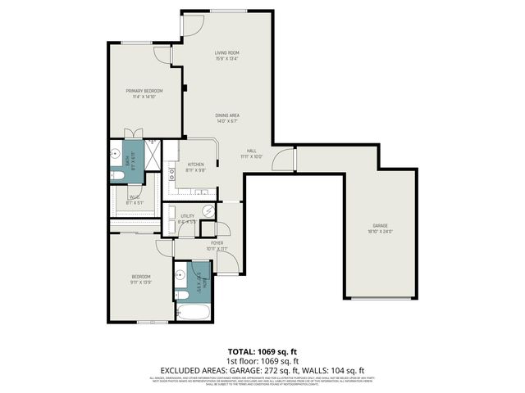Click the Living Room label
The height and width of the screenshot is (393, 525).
tap(226, 56)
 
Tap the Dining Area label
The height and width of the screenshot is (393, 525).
tap(226, 118)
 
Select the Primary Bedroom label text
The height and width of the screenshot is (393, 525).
tap(144, 93)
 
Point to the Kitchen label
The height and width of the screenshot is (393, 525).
tap(196, 168)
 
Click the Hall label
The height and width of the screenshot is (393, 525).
tap(251, 153)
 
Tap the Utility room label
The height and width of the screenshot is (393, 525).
tap(187, 219)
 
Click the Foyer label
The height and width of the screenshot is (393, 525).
tap(217, 246)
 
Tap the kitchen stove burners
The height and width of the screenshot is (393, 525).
tap(173, 173)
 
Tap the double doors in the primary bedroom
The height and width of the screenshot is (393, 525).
tap(134, 134)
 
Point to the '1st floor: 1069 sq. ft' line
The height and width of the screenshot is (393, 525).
tap(262, 359)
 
